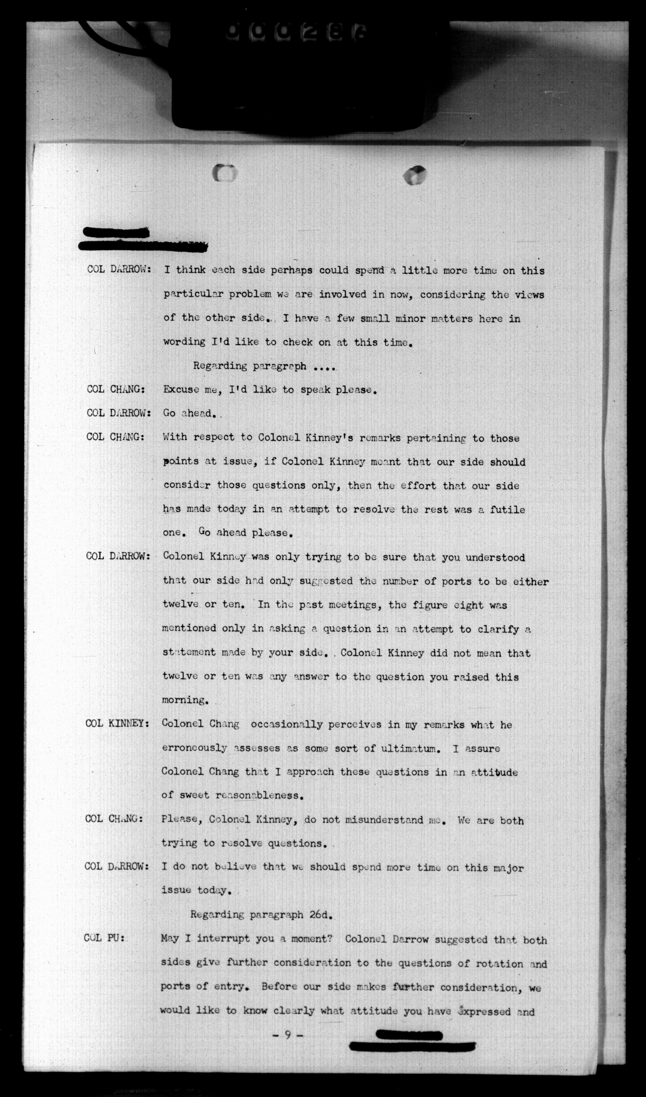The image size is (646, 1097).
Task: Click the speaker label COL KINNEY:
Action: pos(118,724)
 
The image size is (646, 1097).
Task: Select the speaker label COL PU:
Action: pos(105,938)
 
